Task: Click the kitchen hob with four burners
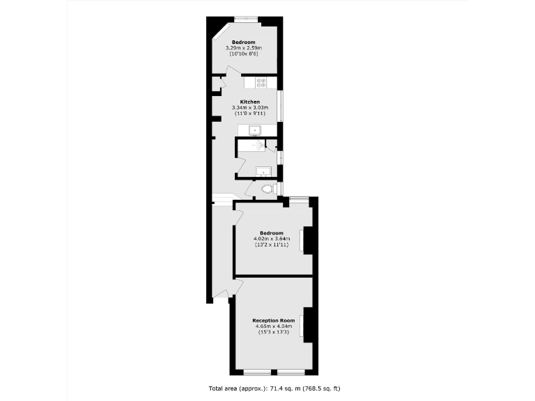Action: tap(261, 83)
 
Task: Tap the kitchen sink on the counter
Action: tap(255, 129)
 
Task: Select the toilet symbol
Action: tap(267, 189)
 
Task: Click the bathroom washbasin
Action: tap(263, 171)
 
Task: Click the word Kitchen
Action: tap(250, 102)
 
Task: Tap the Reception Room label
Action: tap(272, 320)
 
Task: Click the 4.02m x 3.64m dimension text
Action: tap(272, 239)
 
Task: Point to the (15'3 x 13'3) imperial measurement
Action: tap(272, 332)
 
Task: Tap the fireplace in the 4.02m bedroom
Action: tap(302, 240)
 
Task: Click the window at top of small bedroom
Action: tap(246, 17)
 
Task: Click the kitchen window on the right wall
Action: tap(280, 105)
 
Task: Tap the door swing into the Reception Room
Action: tap(237, 288)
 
